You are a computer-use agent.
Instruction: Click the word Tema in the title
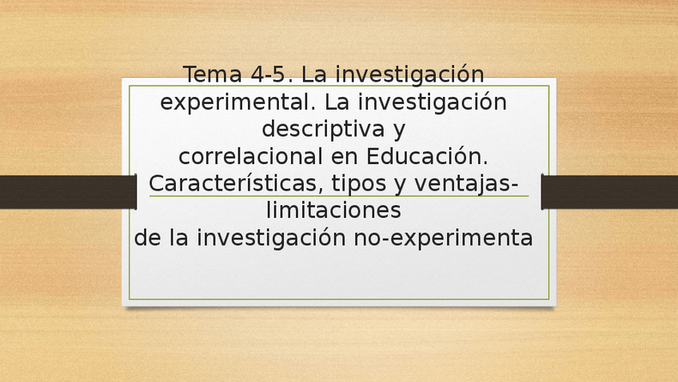click(213, 74)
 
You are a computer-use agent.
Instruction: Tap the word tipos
click(357, 184)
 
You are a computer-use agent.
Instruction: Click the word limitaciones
click(332, 211)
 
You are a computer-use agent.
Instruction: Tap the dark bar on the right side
click(609, 192)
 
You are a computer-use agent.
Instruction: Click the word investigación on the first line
click(409, 74)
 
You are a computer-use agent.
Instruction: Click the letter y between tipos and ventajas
click(400, 185)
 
